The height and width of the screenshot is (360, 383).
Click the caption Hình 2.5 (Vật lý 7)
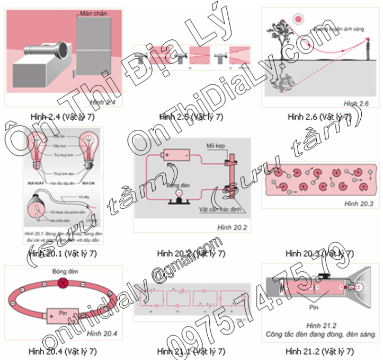tap(191, 117)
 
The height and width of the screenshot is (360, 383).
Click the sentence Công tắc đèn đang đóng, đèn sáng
tap(322, 334)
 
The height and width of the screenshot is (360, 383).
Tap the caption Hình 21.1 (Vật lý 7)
tap(191, 351)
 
